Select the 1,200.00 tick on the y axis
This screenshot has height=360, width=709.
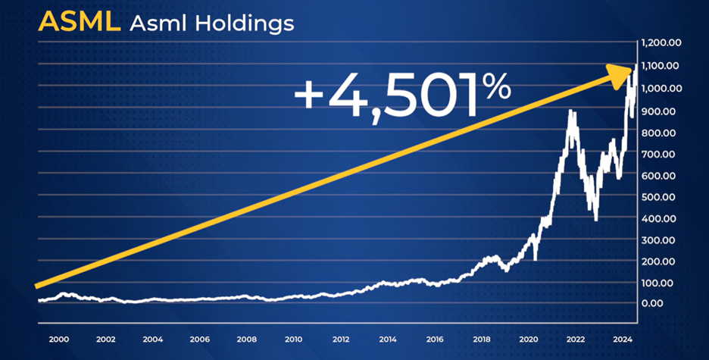pos(663,43)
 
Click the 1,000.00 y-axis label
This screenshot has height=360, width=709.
pos(663,88)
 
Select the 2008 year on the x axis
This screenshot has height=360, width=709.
pos(246,340)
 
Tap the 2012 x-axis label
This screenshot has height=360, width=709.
pos(340,340)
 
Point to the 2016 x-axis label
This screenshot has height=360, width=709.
pos(434,340)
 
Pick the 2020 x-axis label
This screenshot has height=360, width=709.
pos(528,340)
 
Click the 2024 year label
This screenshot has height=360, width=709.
pos(621,340)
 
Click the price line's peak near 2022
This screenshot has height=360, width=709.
pos(571,112)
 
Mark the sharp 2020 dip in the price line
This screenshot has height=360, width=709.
pos(536,259)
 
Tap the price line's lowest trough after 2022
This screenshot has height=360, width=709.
pos(596,220)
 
